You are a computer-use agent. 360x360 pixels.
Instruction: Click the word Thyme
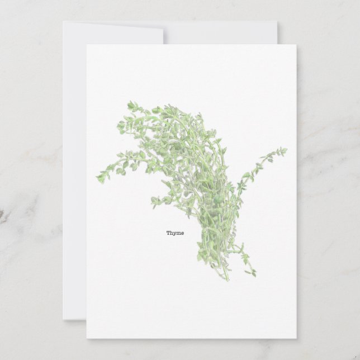(174, 233)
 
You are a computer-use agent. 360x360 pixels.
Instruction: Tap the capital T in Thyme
(168, 233)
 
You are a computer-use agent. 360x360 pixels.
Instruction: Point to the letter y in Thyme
(173, 234)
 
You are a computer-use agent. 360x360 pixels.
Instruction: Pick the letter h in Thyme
(170, 233)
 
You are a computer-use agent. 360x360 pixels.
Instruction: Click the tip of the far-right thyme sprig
(285, 149)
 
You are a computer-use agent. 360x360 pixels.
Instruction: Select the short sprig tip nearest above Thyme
(154, 199)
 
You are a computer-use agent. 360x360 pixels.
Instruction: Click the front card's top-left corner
(87, 45)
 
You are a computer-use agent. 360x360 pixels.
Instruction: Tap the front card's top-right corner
(296, 45)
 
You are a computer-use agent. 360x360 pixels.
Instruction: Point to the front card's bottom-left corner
(87, 338)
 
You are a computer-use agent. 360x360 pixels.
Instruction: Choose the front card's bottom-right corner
(296, 338)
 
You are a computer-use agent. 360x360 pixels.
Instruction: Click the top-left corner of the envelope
(63, 22)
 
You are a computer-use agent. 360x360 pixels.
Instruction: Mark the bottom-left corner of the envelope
(63, 319)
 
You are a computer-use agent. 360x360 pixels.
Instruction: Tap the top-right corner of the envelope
(277, 22)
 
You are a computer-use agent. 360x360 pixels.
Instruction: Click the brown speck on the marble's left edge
(2, 215)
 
